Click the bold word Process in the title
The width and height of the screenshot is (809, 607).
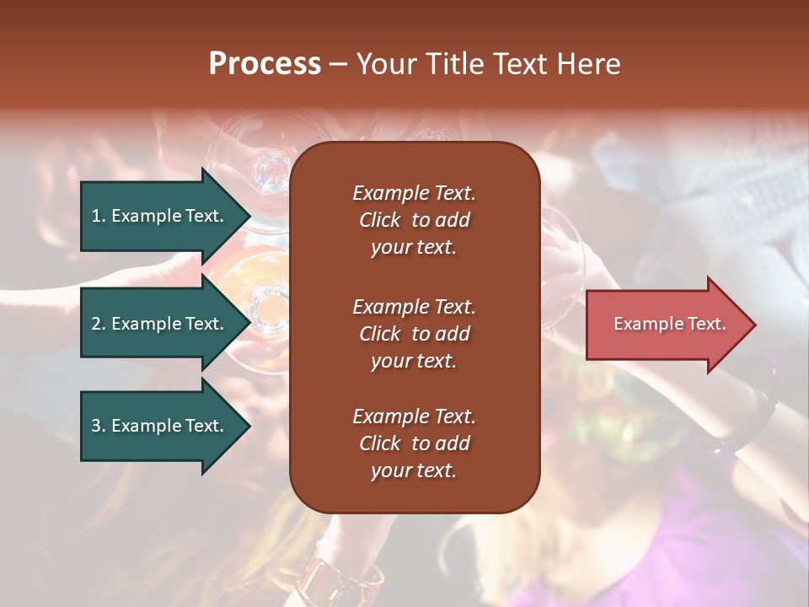[x=265, y=63]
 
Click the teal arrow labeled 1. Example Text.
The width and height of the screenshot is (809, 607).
[x=160, y=216]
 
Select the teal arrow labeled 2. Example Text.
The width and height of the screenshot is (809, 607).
[x=160, y=324]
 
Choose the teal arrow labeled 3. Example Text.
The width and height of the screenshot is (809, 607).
[x=160, y=426]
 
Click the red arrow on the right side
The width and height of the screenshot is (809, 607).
[x=666, y=324]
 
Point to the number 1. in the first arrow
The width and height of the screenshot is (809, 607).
[x=99, y=216]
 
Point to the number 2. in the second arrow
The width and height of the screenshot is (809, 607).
[x=99, y=324]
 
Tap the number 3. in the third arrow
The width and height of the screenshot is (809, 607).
[x=99, y=426]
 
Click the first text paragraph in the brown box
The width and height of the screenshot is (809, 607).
[x=414, y=220]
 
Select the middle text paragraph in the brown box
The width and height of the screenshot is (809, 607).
[x=414, y=334]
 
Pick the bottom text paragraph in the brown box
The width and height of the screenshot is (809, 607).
[x=414, y=443]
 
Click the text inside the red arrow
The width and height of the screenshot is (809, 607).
[x=669, y=324]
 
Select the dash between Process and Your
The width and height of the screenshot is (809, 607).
[x=338, y=64]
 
